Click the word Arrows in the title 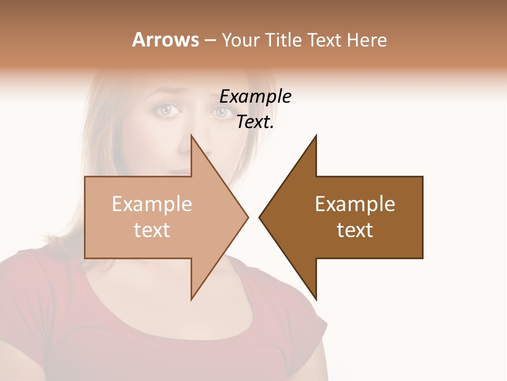pyautogui.click(x=165, y=40)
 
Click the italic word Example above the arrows pyautogui.click(x=255, y=97)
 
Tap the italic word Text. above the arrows pyautogui.click(x=255, y=122)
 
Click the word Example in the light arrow pyautogui.click(x=152, y=204)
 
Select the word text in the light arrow pyautogui.click(x=152, y=230)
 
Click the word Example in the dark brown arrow pyautogui.click(x=355, y=204)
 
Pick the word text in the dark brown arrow pyautogui.click(x=355, y=230)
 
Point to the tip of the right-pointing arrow pyautogui.click(x=247, y=217)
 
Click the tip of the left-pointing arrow pyautogui.click(x=260, y=217)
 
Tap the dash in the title pyautogui.click(x=210, y=40)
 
